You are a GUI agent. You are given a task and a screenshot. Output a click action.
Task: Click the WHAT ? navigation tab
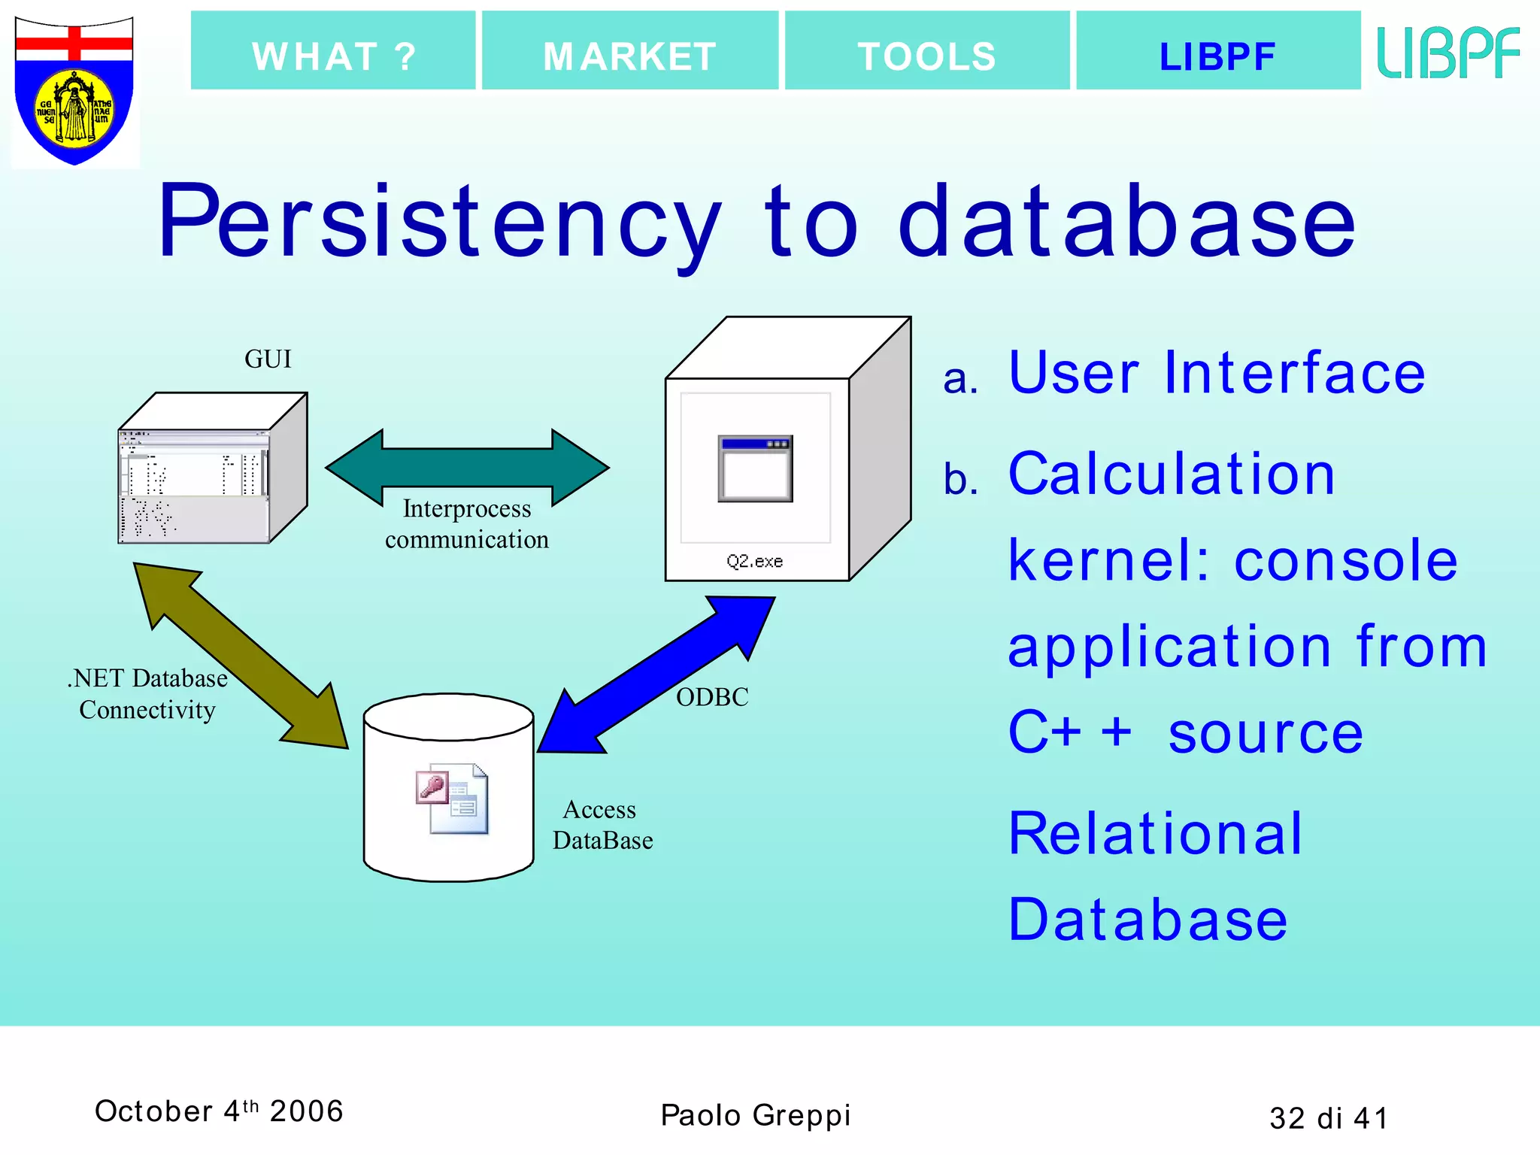point(333,51)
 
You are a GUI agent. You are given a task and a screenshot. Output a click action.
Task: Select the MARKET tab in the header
point(629,51)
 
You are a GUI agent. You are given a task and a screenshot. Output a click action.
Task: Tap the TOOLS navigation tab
point(926,51)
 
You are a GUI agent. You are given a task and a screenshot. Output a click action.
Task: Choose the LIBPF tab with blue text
point(1217,51)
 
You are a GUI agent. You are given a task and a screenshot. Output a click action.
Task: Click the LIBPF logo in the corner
point(1448,53)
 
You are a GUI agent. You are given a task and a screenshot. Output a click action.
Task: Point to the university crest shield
point(74,90)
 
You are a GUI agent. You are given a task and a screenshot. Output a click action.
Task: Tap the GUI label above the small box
point(268,359)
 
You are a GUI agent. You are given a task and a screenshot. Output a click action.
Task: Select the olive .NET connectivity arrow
point(241,656)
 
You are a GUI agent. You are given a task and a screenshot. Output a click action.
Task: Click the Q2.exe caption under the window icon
point(754,562)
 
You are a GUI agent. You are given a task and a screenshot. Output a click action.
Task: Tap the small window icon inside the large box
point(755,468)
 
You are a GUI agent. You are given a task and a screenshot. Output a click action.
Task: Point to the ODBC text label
point(712,697)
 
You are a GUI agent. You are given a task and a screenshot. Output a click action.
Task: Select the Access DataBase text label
point(602,825)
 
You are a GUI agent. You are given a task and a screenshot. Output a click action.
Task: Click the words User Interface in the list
point(1216,373)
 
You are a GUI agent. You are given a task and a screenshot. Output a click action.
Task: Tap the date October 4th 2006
point(219,1111)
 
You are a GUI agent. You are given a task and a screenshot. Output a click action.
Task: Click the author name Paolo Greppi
point(755,1115)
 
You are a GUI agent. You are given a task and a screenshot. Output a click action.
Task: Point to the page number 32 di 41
point(1328,1118)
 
